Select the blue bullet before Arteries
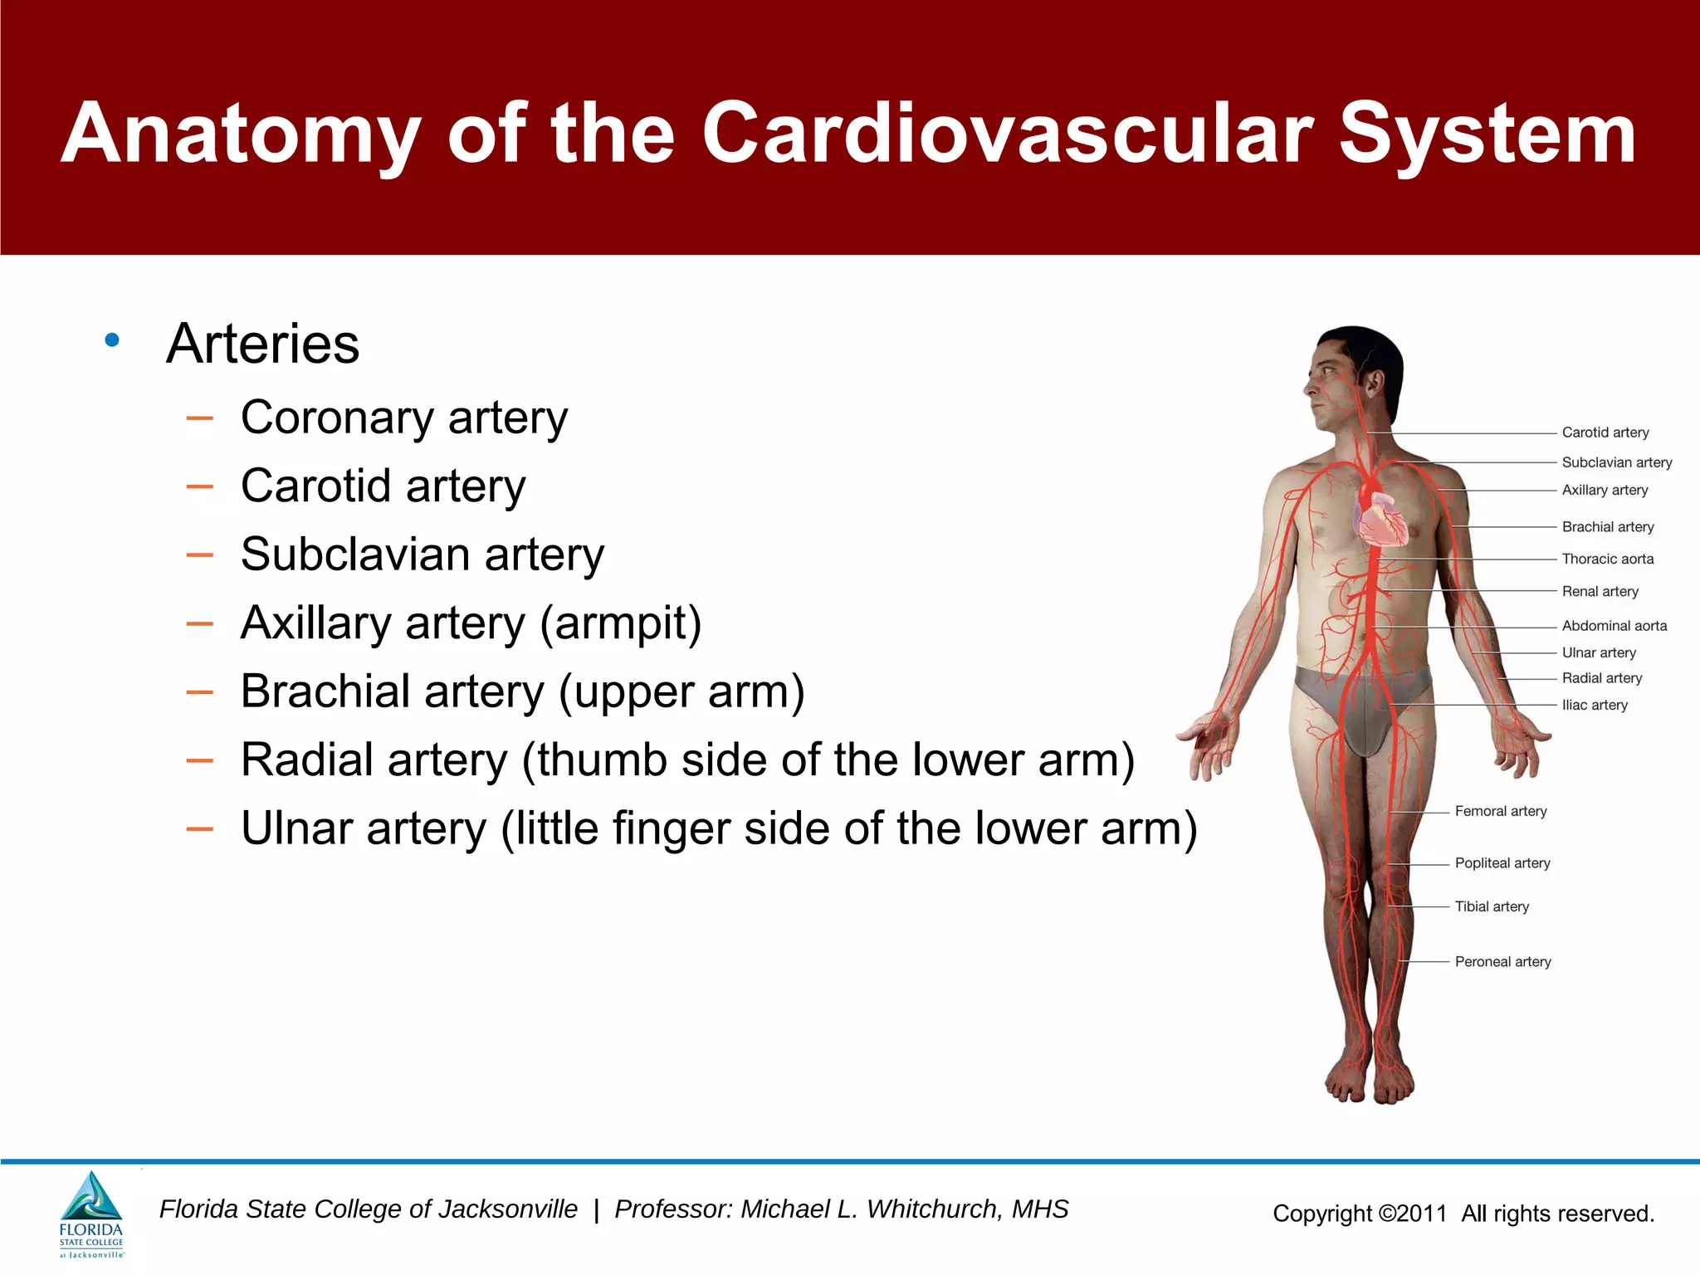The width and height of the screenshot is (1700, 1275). [113, 340]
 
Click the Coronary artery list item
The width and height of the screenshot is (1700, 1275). [403, 418]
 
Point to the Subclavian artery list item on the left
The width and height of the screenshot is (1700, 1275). [422, 554]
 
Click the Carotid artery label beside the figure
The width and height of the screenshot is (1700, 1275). [1605, 432]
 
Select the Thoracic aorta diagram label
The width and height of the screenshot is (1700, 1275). [1607, 559]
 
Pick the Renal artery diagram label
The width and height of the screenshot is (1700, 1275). [1600, 592]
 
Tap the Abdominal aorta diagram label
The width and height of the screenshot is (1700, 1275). [1614, 626]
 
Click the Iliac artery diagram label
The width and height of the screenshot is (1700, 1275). [1594, 706]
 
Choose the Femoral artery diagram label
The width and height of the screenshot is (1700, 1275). [1500, 812]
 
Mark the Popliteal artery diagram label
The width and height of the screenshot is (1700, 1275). [1502, 863]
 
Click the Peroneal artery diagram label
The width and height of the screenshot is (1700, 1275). [1502, 962]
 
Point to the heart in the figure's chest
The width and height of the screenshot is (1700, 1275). [1381, 520]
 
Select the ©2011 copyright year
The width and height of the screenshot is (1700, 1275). [1412, 1214]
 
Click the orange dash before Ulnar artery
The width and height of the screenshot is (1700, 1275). [200, 829]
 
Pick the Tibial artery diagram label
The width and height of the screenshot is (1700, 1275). [1491, 907]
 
